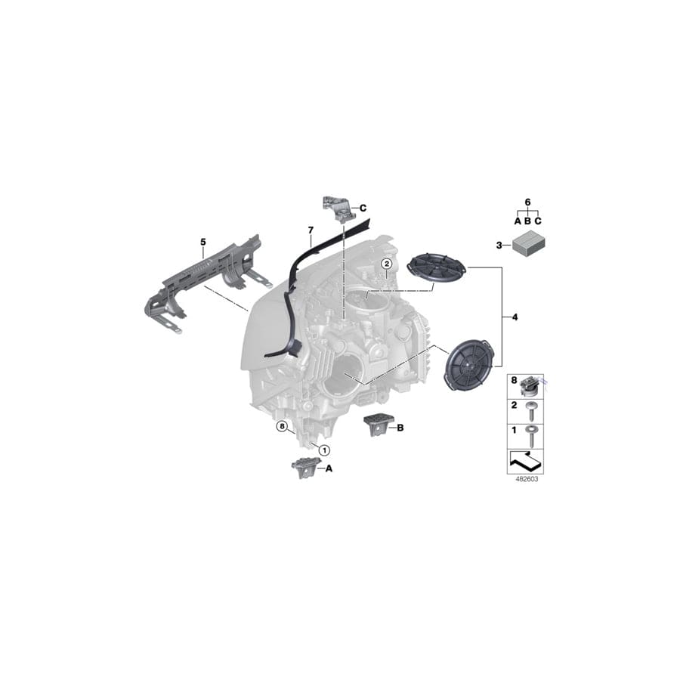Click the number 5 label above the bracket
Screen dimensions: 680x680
[x=202, y=242]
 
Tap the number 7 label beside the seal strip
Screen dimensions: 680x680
[x=309, y=229]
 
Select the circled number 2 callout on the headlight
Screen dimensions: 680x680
[x=386, y=264]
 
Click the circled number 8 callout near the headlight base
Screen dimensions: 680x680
[x=282, y=427]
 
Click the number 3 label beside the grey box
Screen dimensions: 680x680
[x=499, y=246]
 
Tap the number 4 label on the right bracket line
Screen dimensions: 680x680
[x=515, y=317]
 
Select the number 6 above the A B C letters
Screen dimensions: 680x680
[x=527, y=202]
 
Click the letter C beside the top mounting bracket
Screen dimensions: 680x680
[x=363, y=207]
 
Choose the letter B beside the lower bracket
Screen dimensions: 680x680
[x=400, y=428]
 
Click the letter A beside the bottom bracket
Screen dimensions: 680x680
[x=329, y=468]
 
